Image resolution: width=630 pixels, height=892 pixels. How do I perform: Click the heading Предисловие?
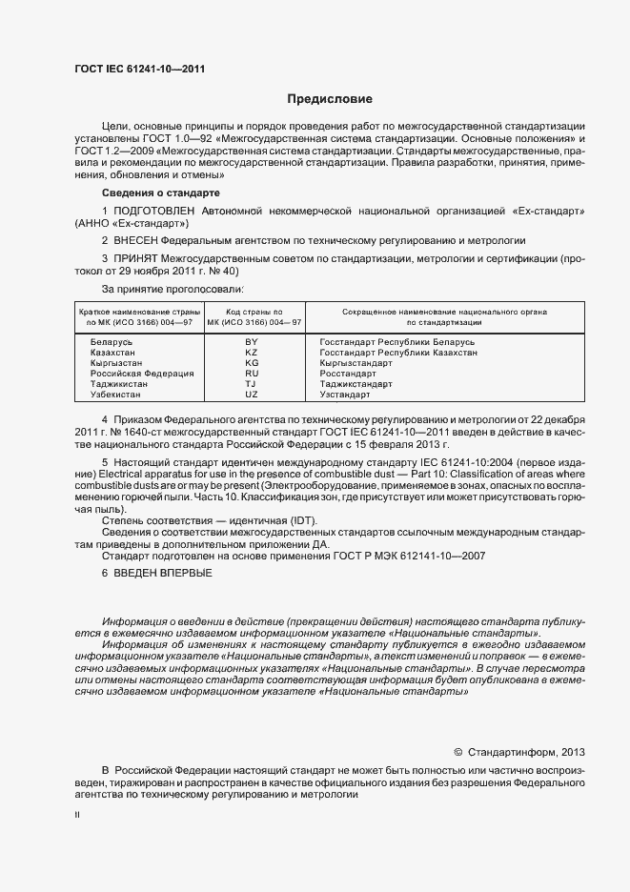click(330, 99)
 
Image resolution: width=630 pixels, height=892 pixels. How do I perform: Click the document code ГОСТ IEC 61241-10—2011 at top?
click(139, 69)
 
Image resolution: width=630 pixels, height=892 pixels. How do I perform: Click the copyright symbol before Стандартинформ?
click(457, 751)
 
